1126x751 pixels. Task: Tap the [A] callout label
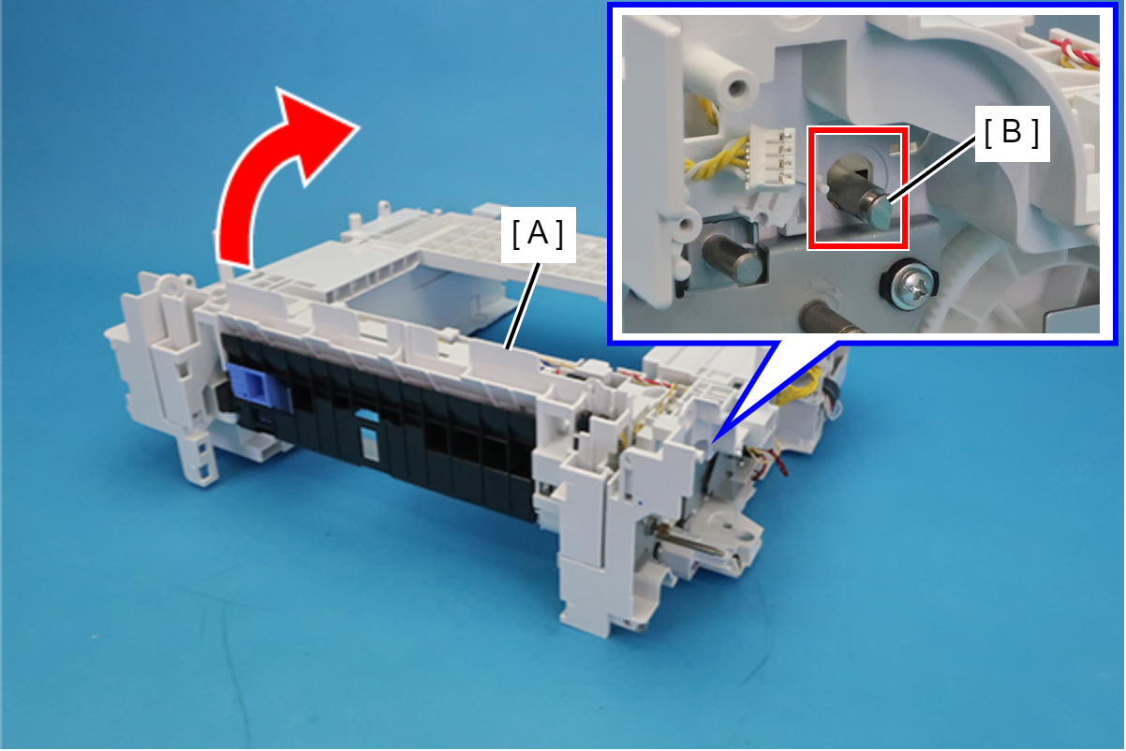[x=539, y=235]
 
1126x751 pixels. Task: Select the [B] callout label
[x=1013, y=133]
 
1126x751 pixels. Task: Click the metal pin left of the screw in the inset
[x=733, y=259]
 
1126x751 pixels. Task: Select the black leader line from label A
[x=524, y=306]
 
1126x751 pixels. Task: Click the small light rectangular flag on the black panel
[x=370, y=443]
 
